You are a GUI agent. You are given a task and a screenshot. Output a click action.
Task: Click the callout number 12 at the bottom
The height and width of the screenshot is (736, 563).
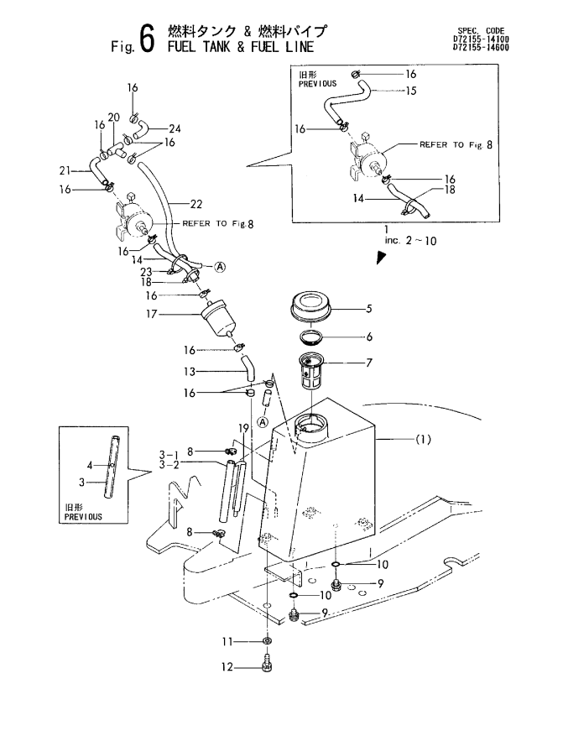point(227,669)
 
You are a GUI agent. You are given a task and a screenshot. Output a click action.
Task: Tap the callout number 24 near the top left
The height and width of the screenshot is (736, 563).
point(175,128)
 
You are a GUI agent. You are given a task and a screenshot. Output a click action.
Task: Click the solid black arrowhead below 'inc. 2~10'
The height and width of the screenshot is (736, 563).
point(381,258)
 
